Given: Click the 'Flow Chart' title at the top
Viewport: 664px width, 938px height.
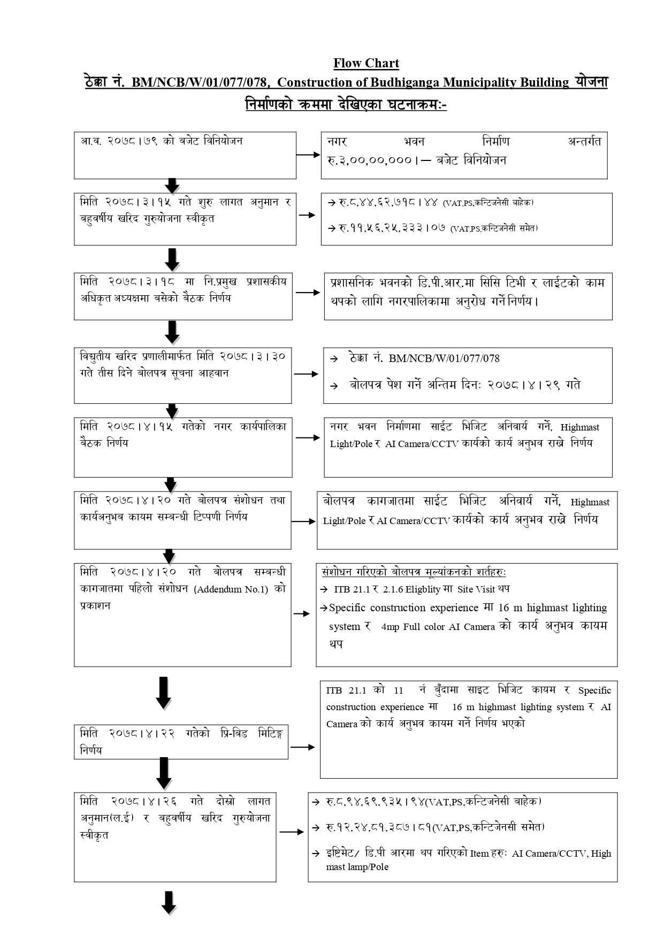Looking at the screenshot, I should [x=366, y=64].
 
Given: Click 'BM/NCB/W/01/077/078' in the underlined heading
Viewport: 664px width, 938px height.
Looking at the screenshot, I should [x=199, y=82].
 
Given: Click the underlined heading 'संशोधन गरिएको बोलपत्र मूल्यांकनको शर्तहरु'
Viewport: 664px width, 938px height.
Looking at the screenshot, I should [x=414, y=572].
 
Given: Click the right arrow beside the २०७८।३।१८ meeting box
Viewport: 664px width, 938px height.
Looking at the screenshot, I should [x=308, y=293].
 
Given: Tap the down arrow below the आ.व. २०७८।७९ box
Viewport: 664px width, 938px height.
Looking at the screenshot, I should [x=172, y=186].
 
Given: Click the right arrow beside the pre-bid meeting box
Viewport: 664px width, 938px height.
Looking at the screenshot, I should [x=303, y=747].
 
